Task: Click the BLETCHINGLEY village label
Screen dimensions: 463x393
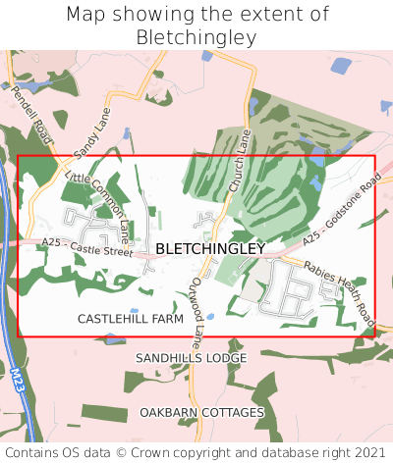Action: click(x=210, y=249)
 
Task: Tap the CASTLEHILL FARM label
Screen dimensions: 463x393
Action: click(x=131, y=320)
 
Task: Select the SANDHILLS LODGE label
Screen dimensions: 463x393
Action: click(x=192, y=358)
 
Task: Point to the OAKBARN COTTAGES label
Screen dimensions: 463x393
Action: click(x=201, y=412)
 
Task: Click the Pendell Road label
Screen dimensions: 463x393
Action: click(x=28, y=113)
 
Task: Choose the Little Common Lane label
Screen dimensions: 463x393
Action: click(x=98, y=204)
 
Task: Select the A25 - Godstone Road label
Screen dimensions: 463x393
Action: click(x=341, y=212)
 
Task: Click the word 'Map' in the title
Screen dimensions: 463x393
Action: click(x=89, y=15)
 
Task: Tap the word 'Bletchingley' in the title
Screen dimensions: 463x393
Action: click(x=196, y=37)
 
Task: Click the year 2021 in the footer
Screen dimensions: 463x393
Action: click(x=368, y=452)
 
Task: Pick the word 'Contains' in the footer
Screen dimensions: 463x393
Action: click(x=31, y=452)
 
